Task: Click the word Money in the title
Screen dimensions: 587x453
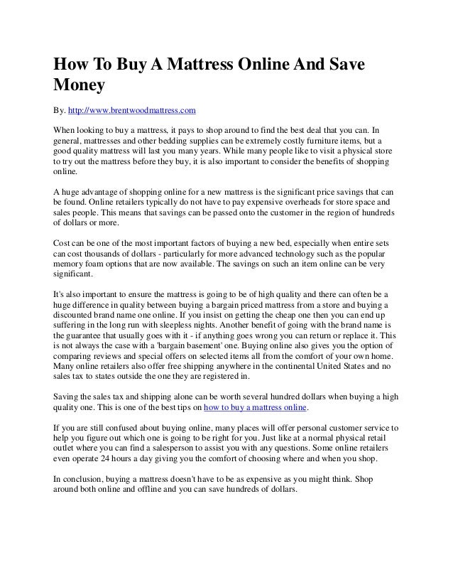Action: point(80,86)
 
